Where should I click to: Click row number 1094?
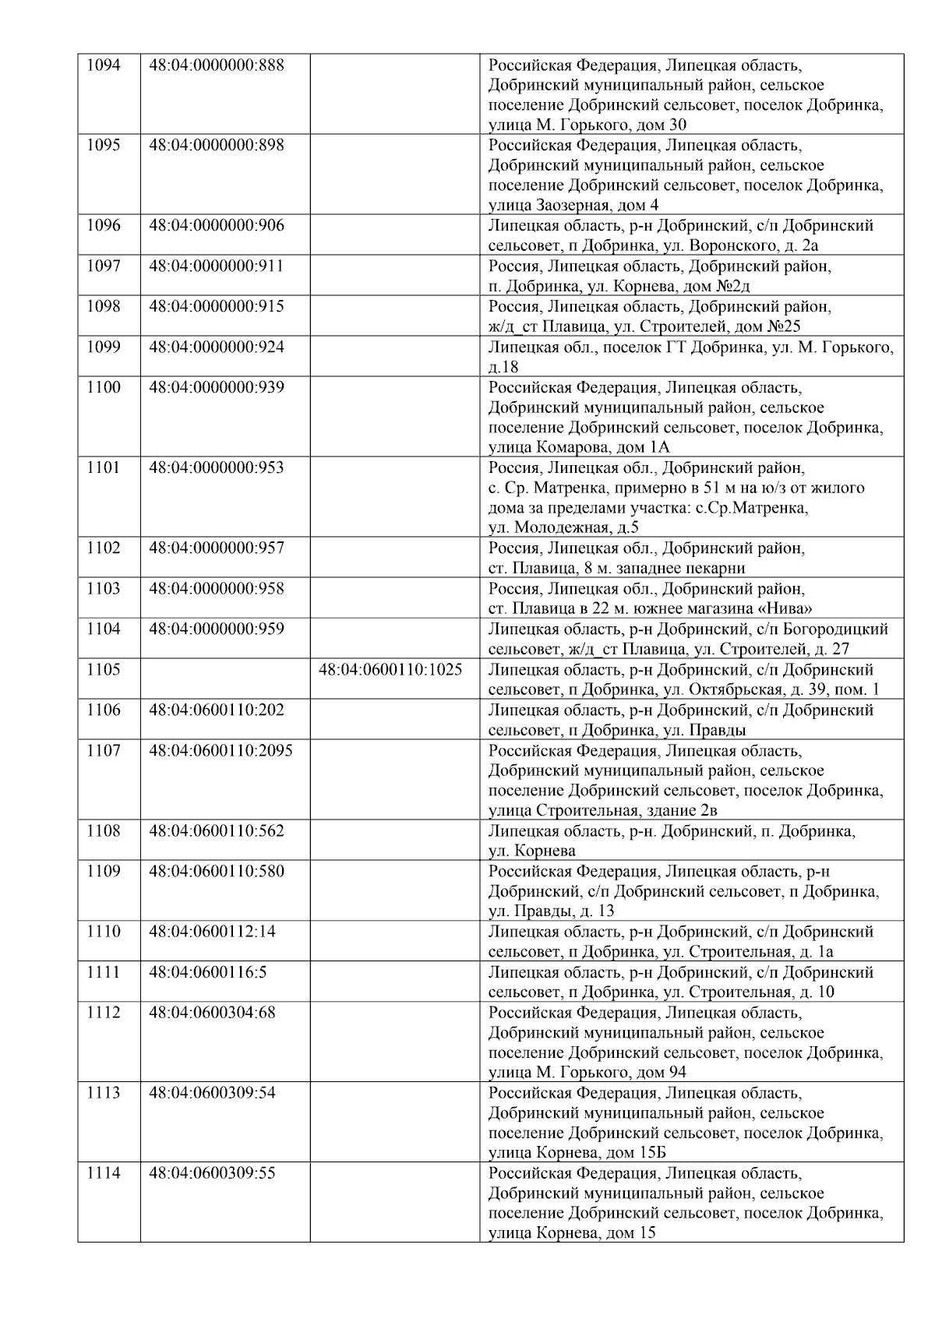pos(103,65)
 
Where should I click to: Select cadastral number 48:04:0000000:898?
pos(216,146)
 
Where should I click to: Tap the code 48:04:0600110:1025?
pos(390,670)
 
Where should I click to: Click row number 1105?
pos(103,670)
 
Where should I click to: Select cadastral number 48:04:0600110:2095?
pos(221,751)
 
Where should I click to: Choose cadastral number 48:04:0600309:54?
pos(212,1093)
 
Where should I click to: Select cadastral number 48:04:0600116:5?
pos(208,972)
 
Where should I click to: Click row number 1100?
pos(103,388)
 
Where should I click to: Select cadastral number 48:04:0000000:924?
pos(216,347)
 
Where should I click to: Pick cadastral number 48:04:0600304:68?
pos(212,1013)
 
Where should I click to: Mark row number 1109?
pos(103,872)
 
